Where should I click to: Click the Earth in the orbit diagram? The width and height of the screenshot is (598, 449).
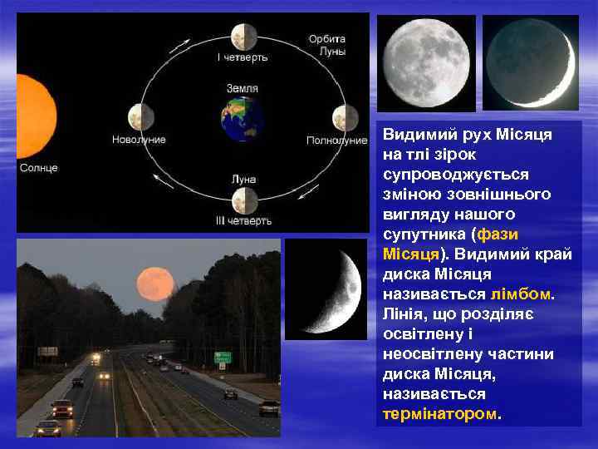[x=242, y=119]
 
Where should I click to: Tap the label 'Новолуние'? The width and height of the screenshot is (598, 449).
[x=139, y=140]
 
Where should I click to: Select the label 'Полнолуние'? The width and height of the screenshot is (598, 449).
[x=336, y=141]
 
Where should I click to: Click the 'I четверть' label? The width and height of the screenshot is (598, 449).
[x=243, y=57]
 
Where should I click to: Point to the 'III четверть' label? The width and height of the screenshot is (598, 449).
[x=243, y=221]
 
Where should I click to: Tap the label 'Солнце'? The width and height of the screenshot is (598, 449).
[x=39, y=168]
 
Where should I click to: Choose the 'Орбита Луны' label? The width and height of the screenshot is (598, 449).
[x=326, y=45]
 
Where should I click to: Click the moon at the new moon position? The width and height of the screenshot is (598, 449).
[x=138, y=117]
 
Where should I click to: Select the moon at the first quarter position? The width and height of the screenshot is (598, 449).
[x=243, y=36]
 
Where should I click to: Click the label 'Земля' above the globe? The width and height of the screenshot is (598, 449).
[x=242, y=87]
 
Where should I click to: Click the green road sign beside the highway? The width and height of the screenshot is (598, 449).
[x=223, y=358]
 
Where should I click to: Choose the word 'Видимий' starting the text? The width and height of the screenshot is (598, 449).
[x=415, y=135]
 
